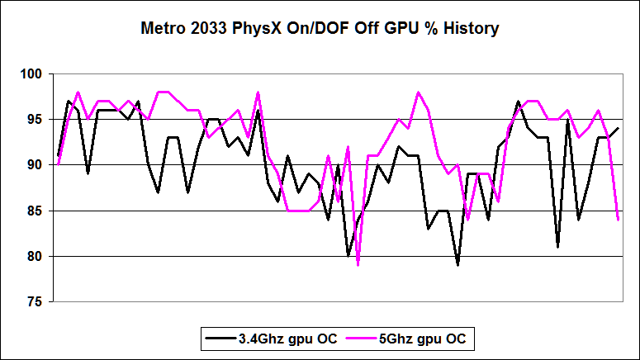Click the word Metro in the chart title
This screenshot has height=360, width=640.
[162, 30]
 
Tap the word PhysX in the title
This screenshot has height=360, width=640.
[255, 30]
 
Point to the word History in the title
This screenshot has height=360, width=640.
[471, 30]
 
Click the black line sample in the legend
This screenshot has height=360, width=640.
[220, 338]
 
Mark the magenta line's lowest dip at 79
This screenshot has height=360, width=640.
[358, 264]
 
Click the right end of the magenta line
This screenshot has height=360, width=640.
[618, 220]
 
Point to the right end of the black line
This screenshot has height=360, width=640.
[618, 129]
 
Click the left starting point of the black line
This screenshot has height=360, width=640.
[58, 155]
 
